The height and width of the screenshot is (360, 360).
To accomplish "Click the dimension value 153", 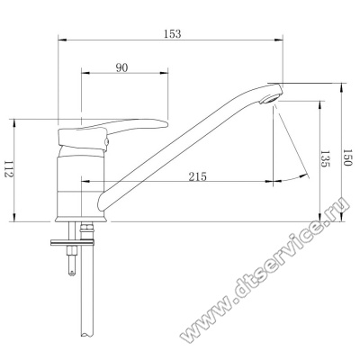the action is pyautogui.click(x=173, y=33).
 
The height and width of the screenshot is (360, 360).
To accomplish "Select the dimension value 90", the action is pyautogui.click(x=121, y=68).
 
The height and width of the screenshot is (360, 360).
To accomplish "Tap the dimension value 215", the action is pyautogui.click(x=198, y=176).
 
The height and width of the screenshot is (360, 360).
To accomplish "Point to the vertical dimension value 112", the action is pyautogui.click(x=8, y=169).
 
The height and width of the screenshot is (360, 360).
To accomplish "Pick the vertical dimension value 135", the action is pyautogui.click(x=326, y=159).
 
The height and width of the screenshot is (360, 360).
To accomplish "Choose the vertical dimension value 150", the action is pyautogui.click(x=347, y=157).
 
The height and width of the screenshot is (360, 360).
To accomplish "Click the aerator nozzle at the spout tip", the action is pyautogui.click(x=270, y=99).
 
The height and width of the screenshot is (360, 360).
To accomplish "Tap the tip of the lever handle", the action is pyautogui.click(x=166, y=123).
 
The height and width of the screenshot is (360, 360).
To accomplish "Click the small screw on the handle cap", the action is pyautogui.click(x=106, y=142).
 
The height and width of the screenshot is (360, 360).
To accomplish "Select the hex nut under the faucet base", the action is pyautogui.click(x=86, y=227).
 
